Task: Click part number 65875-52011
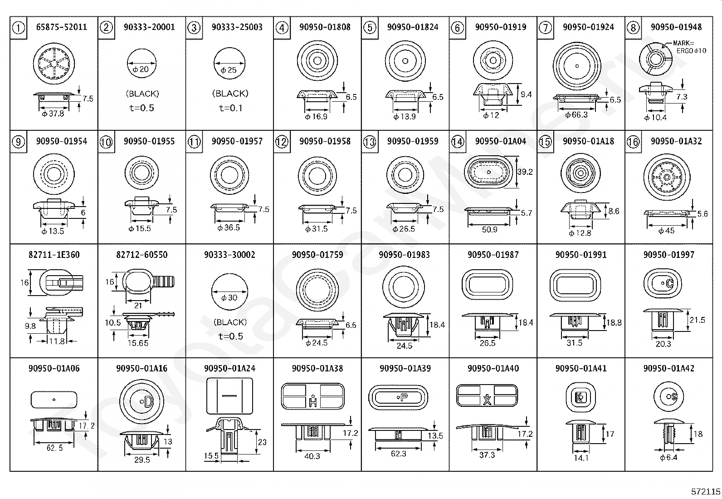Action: (61, 27)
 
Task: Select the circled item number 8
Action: (633, 28)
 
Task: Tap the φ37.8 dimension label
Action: (53, 114)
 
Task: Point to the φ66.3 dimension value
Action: (576, 115)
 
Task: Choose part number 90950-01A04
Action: (500, 141)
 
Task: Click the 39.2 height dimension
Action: (525, 172)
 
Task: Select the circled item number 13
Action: (370, 142)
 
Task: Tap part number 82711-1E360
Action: (54, 255)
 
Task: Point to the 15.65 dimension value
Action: (138, 343)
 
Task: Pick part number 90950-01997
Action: (668, 255)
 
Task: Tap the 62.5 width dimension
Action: (54, 448)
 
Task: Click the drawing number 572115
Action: (706, 491)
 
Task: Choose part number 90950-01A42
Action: (668, 368)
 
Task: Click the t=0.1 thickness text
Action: (230, 108)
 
